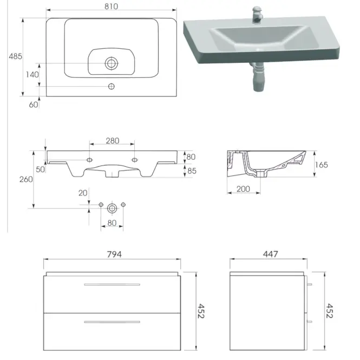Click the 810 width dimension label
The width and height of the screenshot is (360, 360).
click(112, 6)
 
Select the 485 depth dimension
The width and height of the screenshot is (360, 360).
click(16, 56)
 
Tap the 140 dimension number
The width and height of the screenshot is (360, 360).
click(32, 75)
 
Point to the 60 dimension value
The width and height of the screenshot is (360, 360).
click(34, 104)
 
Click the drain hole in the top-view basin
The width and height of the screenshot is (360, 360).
click(112, 63)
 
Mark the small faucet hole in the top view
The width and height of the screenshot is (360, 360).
click(112, 86)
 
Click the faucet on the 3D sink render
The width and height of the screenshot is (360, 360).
click(257, 15)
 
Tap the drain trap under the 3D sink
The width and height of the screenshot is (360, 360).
click(258, 77)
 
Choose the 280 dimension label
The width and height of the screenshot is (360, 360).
click(113, 141)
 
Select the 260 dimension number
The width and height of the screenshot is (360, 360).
click(26, 179)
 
